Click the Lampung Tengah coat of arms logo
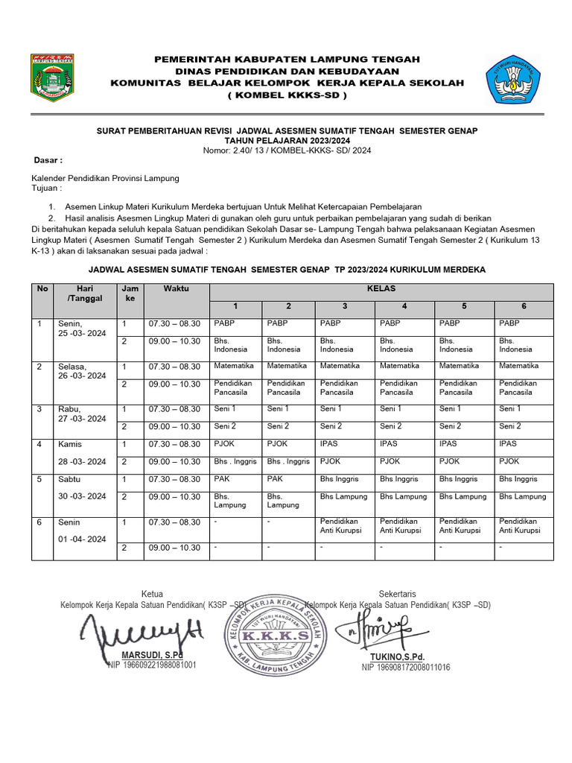click(52, 77)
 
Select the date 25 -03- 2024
click(83, 334)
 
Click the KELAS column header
click(381, 288)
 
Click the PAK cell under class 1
click(222, 479)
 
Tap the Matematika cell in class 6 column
click(518, 366)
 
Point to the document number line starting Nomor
click(287, 151)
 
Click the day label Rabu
click(69, 409)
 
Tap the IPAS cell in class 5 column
click(448, 443)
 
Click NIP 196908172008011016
click(406, 668)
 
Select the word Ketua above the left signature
click(152, 594)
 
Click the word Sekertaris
click(397, 594)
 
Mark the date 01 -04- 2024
click(83, 539)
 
